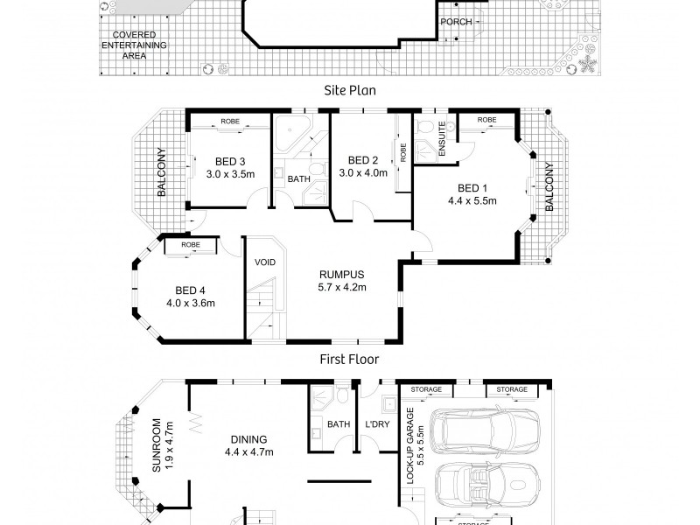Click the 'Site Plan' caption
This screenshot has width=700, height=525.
pos(349,91)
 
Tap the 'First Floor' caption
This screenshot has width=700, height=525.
pos(349,360)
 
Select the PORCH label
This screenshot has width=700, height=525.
pos(456,22)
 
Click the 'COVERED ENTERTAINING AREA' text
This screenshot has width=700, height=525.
pos(134,45)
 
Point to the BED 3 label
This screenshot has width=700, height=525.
pos(230,162)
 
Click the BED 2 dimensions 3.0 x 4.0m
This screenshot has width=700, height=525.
pos(363,172)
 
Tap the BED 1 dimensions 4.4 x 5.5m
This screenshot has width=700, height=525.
pos(472,201)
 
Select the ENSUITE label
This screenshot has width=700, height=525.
pos(442,139)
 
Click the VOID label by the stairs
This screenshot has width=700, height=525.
pos(265,262)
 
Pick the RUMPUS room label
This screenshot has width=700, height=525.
pos(342,275)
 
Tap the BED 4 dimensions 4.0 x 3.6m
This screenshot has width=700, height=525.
pos(191,303)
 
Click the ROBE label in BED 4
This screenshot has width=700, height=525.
pos(191,245)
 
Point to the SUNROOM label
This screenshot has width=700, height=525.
pos(157,445)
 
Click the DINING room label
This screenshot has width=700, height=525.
pos(249,440)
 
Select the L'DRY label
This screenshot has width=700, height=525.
pos(378,424)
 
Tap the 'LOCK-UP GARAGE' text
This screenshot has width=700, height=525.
pos(410,446)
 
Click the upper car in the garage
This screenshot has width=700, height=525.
pos(485,429)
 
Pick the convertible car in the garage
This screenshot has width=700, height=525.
pos(487,485)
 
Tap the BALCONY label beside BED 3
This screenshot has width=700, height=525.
pos(162,171)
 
